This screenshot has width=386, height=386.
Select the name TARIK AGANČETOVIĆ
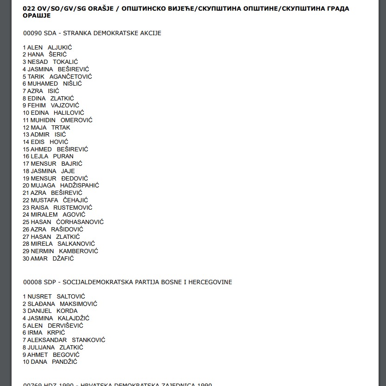(59, 76)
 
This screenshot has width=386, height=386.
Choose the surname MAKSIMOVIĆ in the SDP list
(79, 304)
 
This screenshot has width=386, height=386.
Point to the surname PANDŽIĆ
(64, 361)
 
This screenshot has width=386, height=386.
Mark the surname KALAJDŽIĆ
(74, 318)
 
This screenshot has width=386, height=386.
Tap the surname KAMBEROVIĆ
(79, 251)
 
